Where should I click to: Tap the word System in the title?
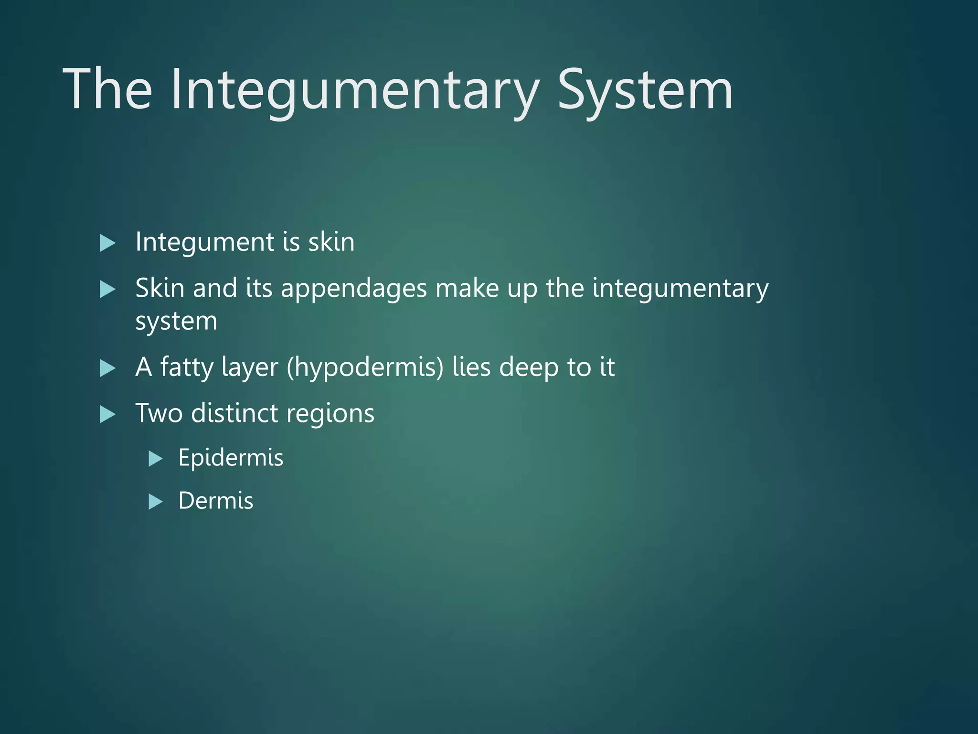645,90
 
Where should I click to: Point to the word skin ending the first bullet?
331,242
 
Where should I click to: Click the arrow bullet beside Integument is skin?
108,243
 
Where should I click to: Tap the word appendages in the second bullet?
353,289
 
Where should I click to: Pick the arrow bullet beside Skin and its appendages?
108,290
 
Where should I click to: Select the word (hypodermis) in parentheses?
365,367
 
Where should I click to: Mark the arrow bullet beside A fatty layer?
108,368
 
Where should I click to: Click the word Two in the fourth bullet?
159,413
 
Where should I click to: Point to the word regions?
330,414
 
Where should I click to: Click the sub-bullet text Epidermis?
231,458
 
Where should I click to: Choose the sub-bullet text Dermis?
215,501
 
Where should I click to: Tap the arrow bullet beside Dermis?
156,502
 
